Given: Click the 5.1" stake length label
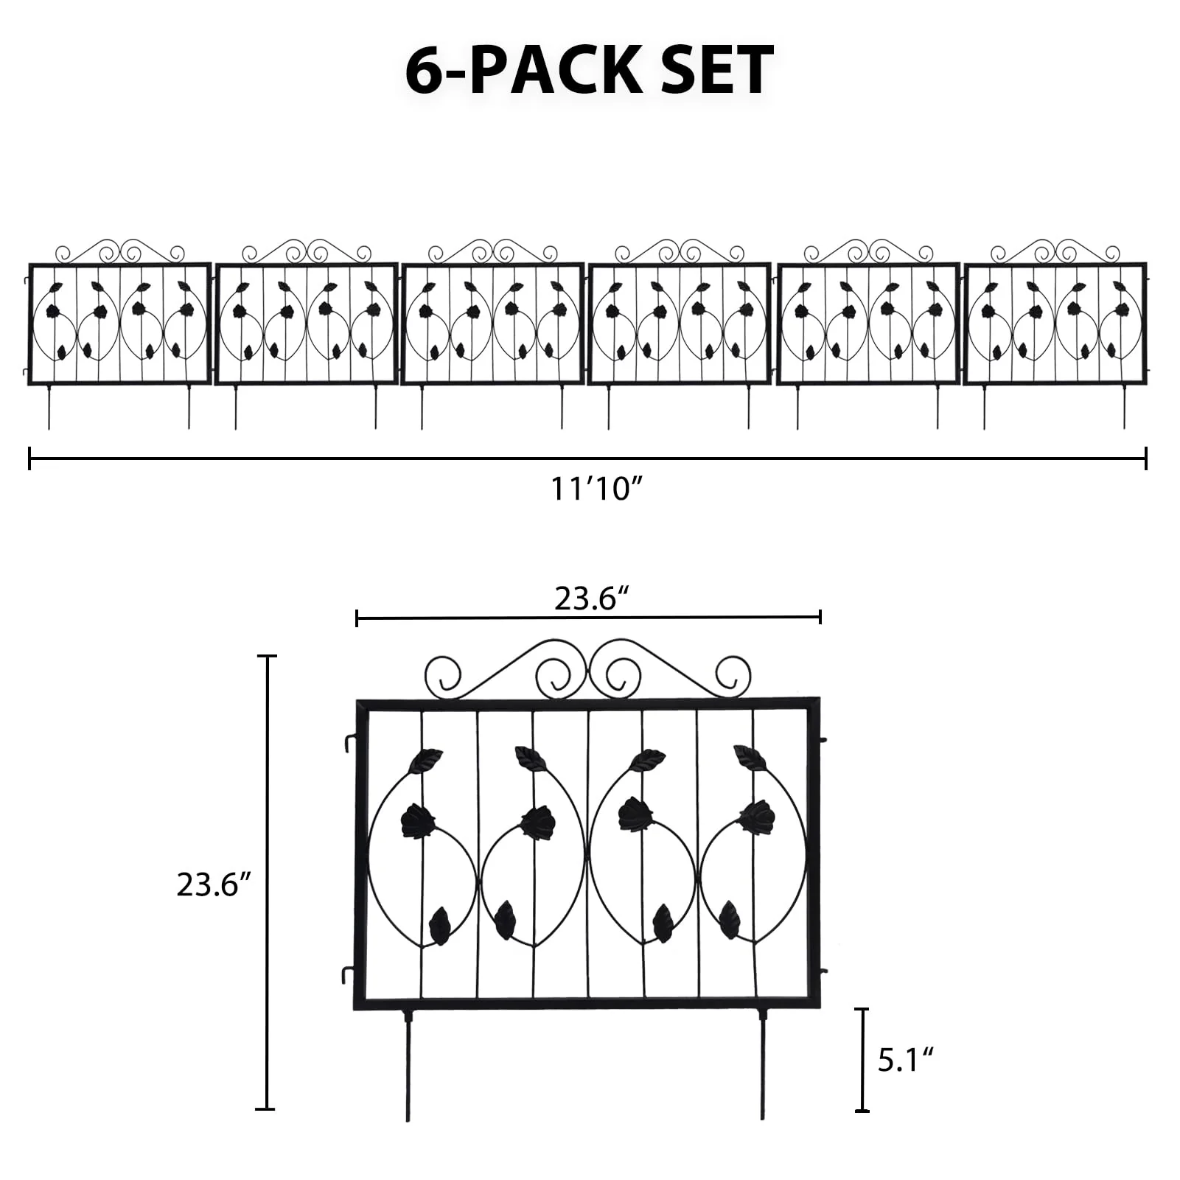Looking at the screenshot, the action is point(906,1061).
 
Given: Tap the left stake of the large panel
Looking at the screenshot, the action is point(408,1065).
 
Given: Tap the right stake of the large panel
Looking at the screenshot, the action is point(762,1065).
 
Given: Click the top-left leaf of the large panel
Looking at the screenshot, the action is point(426,761).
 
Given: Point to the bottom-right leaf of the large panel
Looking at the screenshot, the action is point(730,919).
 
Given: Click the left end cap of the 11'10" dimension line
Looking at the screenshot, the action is point(29,458).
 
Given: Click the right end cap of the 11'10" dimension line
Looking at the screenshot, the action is point(1146,458).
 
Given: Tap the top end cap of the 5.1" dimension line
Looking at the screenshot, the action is point(862,1009).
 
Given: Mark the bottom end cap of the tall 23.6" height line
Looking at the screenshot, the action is point(266,1109).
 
